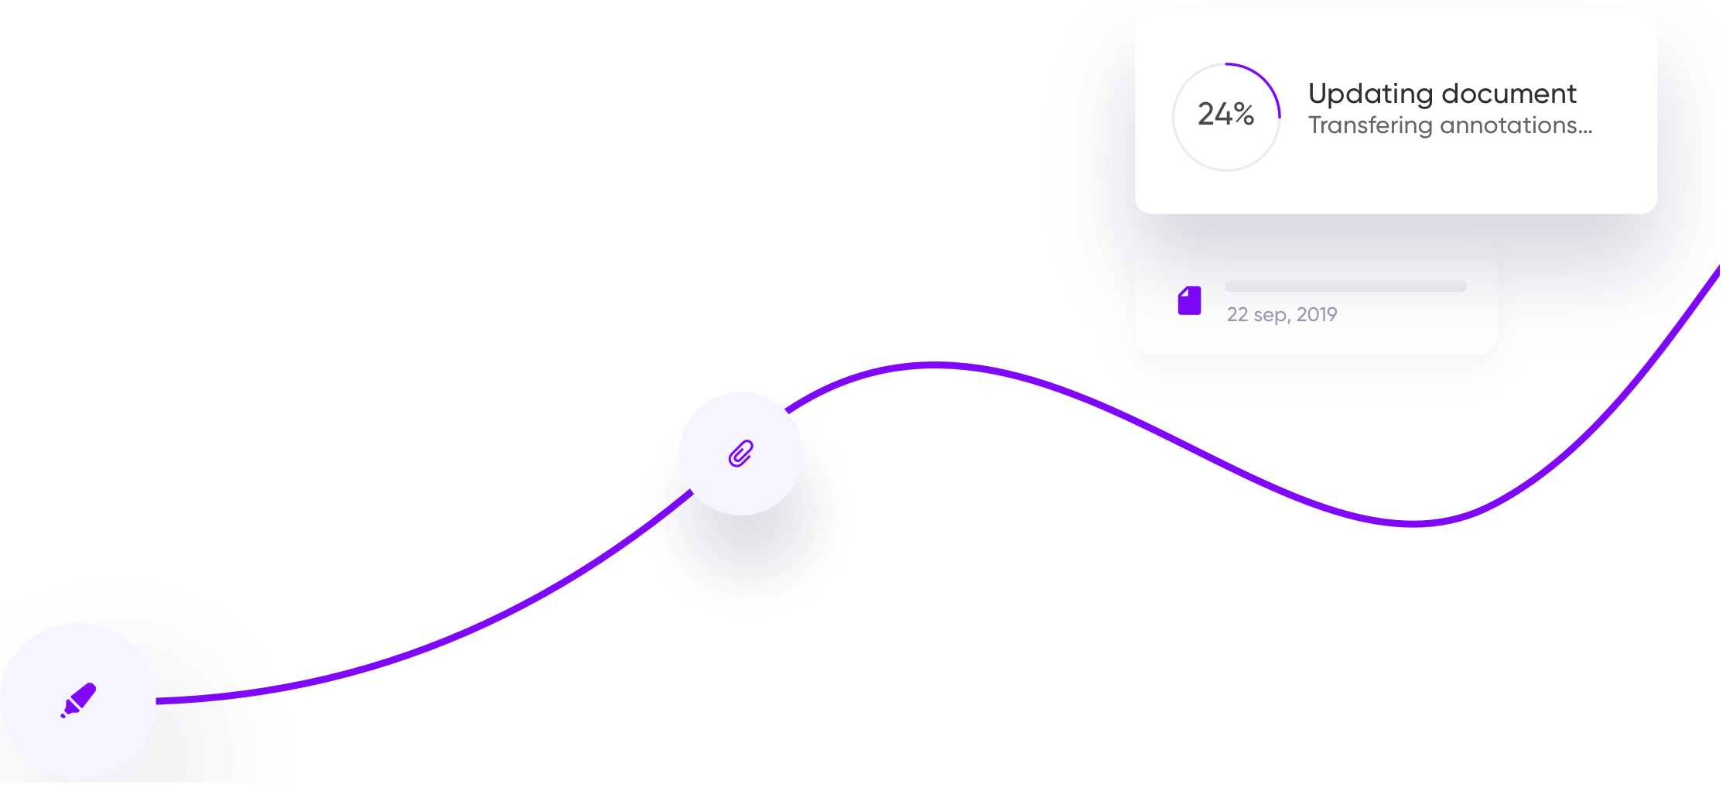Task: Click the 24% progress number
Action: (x=1225, y=115)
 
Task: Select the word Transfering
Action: (x=1370, y=126)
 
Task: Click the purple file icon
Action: (x=1189, y=300)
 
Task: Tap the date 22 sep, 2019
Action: (x=1282, y=314)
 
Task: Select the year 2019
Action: (x=1317, y=314)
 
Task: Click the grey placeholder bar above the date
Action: (x=1345, y=286)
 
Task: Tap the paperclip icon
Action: (x=740, y=454)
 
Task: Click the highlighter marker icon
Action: (x=78, y=700)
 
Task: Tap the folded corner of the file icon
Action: (x=1183, y=292)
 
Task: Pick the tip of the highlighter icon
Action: (x=63, y=715)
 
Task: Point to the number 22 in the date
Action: (x=1237, y=314)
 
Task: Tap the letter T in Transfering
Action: (x=1315, y=125)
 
